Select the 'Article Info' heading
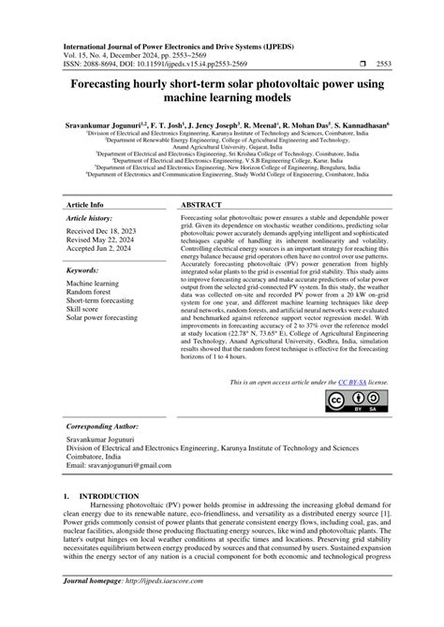pos(85,202)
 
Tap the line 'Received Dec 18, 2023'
pos(101,231)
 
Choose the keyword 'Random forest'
pos(90,292)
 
